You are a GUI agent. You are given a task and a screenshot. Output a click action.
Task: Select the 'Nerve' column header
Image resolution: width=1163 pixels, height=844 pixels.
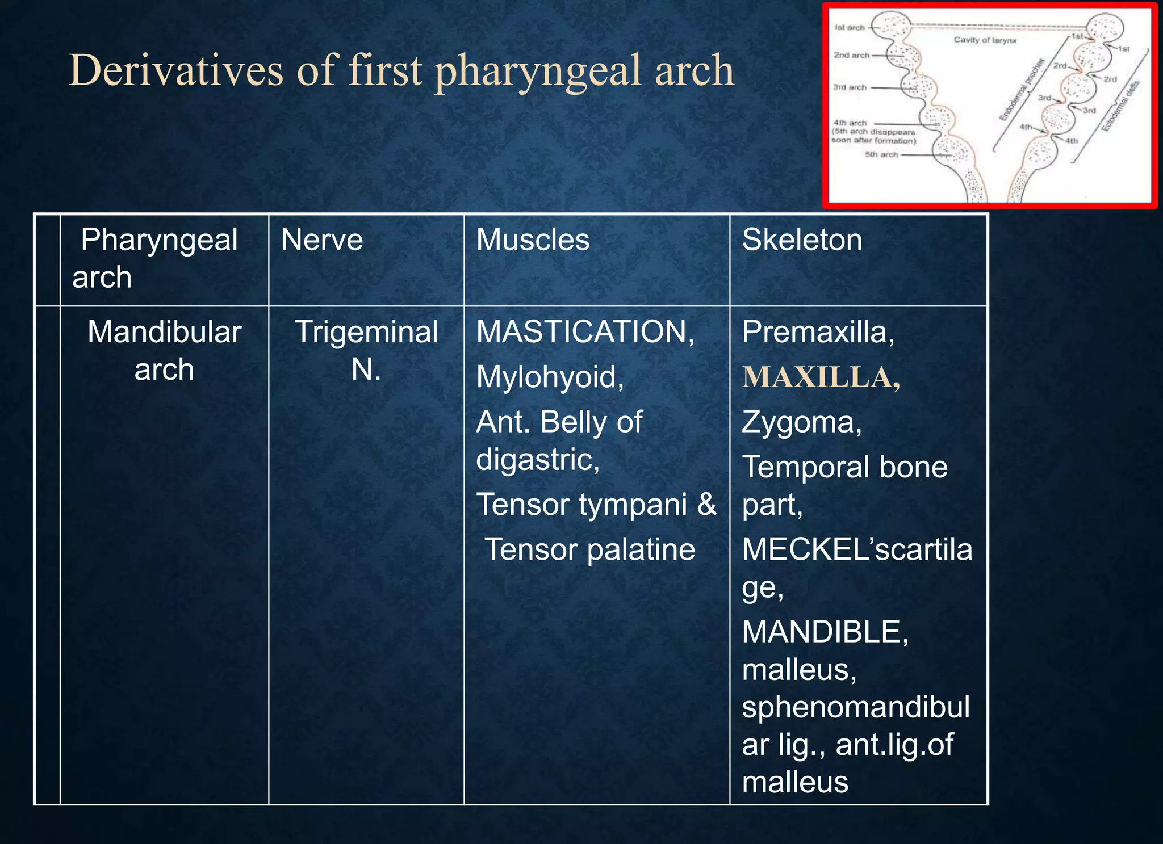pos(321,240)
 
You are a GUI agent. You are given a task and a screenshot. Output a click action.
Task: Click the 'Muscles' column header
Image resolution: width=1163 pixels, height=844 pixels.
pos(533,240)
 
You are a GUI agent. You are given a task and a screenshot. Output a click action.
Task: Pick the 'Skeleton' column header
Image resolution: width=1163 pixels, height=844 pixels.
pos(802,240)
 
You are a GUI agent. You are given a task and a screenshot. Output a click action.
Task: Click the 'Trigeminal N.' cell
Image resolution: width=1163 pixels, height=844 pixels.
pos(366,350)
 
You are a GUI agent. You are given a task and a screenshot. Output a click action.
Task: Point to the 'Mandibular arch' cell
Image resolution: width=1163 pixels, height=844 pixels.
pos(164,350)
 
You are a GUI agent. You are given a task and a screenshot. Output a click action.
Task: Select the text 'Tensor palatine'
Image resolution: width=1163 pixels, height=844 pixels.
pos(590,549)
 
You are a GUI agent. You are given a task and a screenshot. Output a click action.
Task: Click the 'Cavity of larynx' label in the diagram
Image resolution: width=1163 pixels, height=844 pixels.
pos(985,40)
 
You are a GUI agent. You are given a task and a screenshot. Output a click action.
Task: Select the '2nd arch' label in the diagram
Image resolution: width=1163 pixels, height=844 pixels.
pos(851,55)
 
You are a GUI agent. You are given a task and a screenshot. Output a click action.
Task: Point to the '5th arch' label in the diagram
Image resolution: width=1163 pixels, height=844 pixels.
pos(881,154)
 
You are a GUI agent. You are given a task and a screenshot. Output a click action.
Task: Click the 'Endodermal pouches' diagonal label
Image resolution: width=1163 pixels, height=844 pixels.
pos(1022,90)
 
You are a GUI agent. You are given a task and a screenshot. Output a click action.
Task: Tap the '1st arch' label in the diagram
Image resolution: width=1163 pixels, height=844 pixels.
pos(850,27)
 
